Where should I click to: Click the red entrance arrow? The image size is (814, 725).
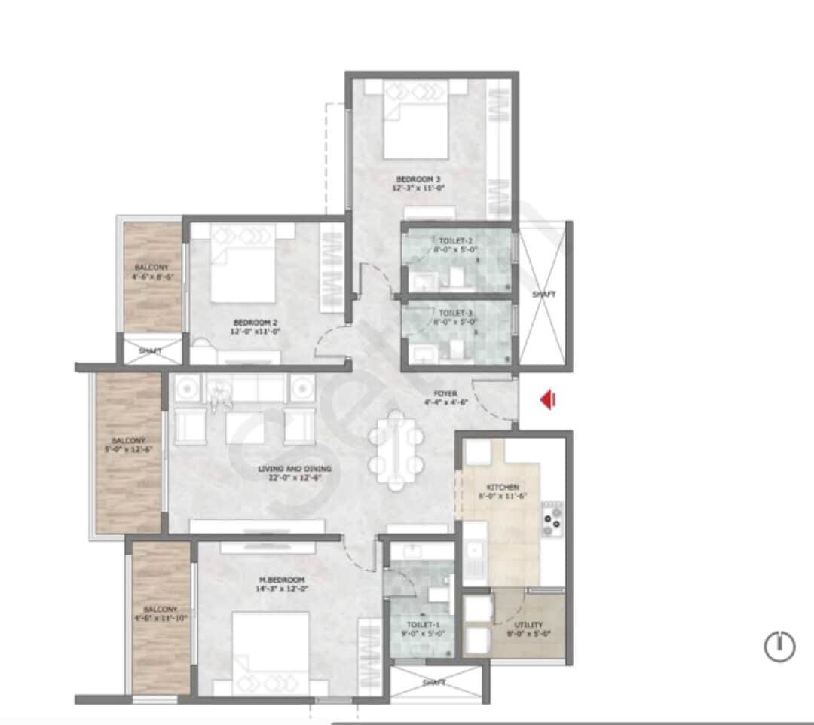click(548, 399)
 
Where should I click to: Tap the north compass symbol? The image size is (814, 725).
click(779, 646)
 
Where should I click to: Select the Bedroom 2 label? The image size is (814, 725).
click(256, 326)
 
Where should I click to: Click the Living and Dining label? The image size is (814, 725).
click(295, 473)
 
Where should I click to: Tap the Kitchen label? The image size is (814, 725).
click(503, 492)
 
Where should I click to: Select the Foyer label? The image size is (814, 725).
click(445, 398)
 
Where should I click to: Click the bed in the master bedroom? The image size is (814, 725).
click(271, 652)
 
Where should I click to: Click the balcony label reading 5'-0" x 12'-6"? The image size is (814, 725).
click(127, 445)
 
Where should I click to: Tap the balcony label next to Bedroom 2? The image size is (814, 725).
click(151, 272)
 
